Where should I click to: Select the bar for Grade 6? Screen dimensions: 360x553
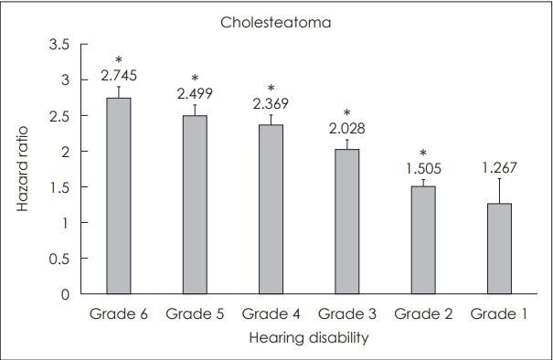coord(119,196)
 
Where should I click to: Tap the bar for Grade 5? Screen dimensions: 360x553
coord(196,205)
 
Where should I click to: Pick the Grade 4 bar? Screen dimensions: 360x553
coord(271,209)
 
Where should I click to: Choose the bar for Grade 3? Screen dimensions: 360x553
coord(347,221)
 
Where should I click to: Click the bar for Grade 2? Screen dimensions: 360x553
coord(423,240)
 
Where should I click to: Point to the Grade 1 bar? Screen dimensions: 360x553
coord(499,249)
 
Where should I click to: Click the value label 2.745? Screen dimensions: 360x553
coord(119,77)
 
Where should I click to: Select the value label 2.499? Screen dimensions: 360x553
coord(196,94)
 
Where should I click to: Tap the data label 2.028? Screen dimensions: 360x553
coord(347,128)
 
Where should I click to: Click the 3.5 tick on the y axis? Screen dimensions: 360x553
coord(59,44)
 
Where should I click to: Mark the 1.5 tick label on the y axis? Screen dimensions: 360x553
coord(59,187)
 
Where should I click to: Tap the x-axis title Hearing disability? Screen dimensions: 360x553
coord(308,338)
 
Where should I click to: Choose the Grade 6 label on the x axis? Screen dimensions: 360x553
coord(119,314)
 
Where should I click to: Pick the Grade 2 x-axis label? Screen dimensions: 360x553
coord(423,314)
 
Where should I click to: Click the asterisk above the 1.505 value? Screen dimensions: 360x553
coord(423,153)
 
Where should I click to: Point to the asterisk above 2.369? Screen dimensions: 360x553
coord(271,90)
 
